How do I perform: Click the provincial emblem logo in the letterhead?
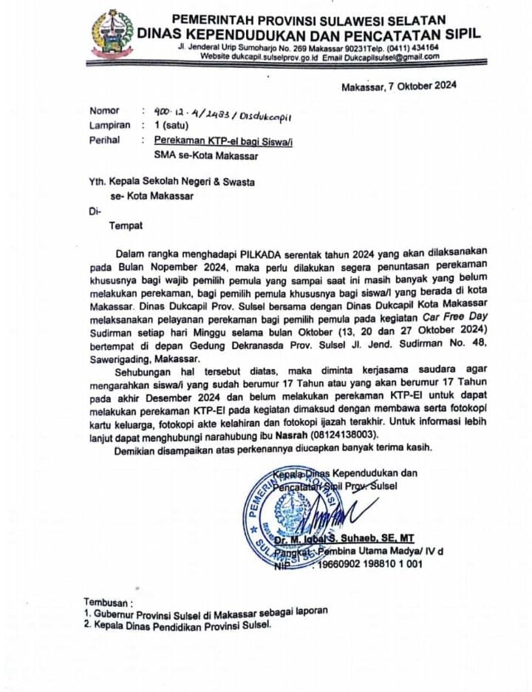pyautogui.click(x=112, y=34)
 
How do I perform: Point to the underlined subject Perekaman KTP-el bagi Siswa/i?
pyautogui.click(x=223, y=140)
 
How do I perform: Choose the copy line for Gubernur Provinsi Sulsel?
pyautogui.click(x=205, y=613)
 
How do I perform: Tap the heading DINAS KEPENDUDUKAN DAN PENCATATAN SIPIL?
pyautogui.click(x=310, y=33)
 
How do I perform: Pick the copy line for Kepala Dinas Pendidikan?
pyautogui.click(x=178, y=625)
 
